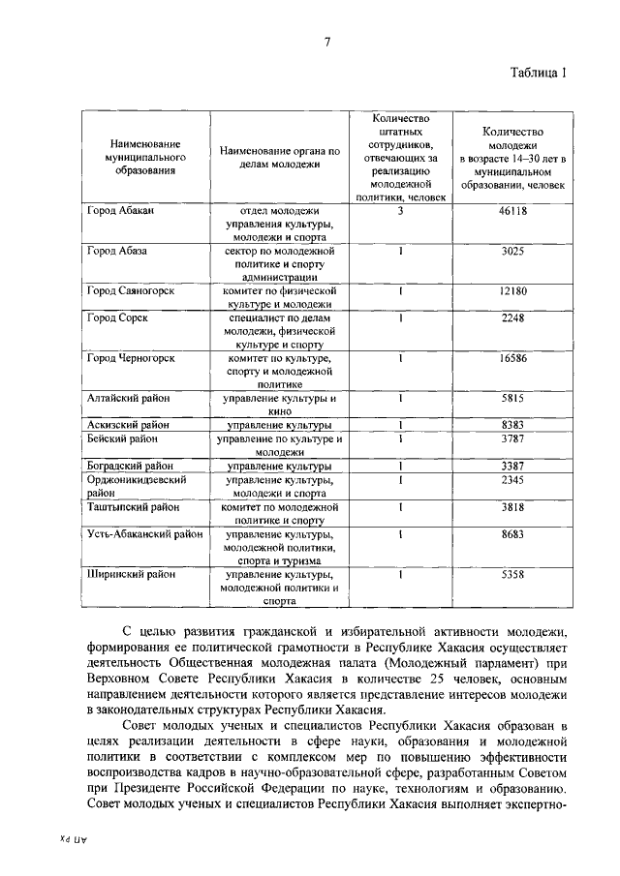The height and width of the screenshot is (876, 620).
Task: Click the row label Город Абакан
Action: [120, 210]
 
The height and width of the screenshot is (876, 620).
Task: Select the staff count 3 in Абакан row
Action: [399, 210]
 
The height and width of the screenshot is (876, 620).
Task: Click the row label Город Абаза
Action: [117, 250]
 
